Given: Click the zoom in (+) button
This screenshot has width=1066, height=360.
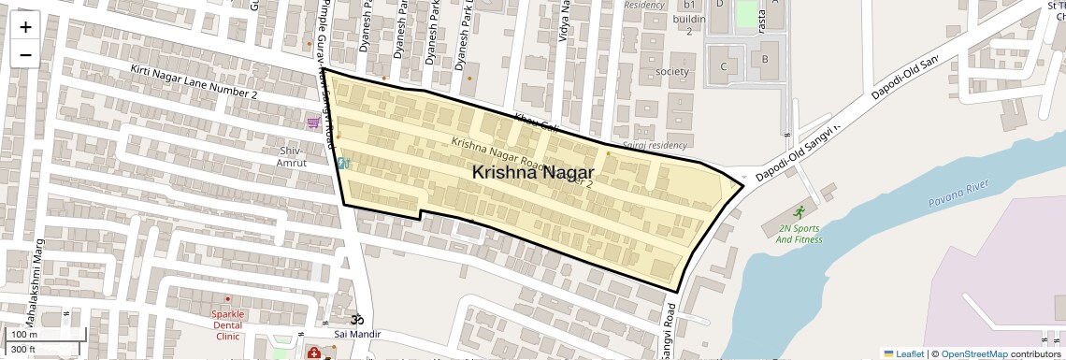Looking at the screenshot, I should pos(25,26).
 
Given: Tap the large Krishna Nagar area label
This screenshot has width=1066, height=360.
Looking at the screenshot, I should pos(533,172).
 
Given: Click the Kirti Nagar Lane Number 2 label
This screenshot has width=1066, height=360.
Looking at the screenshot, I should pos(194,82).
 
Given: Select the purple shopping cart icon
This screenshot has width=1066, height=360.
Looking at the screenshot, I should pos(313,122).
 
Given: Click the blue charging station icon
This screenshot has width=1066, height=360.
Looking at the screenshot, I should pos(343,162).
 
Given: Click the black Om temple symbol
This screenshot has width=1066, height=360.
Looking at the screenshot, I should pos(354,319).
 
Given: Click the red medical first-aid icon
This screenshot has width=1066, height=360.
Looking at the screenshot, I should pos(313,353).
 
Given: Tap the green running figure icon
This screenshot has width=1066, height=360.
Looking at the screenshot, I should pos(799,212).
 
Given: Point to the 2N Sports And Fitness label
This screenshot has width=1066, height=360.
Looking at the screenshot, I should pos(799,233).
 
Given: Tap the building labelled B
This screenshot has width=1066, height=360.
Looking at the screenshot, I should pos(764,60).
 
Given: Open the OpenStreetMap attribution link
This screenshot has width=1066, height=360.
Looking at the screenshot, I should pos(973,353).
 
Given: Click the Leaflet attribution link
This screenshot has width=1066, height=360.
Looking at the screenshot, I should pos(904,353).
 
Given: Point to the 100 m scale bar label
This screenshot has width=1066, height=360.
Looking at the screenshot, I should pos(24,335).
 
